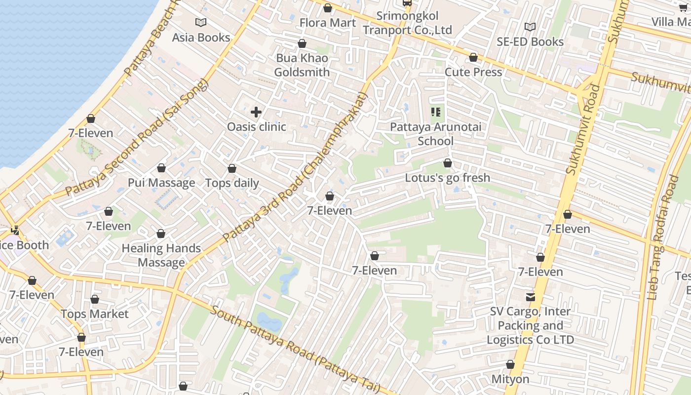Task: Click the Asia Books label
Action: [201, 38]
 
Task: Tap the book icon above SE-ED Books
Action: [530, 27]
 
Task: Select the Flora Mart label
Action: [328, 23]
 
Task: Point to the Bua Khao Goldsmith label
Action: [302, 65]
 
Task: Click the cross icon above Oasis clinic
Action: [256, 112]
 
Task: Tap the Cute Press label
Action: [473, 72]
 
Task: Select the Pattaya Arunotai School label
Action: [435, 134]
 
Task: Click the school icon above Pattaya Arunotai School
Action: [435, 112]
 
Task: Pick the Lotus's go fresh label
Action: [447, 178]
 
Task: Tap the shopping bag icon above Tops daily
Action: [232, 169]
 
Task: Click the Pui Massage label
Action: [161, 183]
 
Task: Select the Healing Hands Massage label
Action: [161, 255]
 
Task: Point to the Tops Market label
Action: [94, 314]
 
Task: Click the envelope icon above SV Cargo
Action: [531, 297]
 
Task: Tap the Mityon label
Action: [510, 379]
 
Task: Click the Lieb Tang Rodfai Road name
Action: [663, 237]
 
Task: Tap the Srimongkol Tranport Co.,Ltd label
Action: [407, 23]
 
